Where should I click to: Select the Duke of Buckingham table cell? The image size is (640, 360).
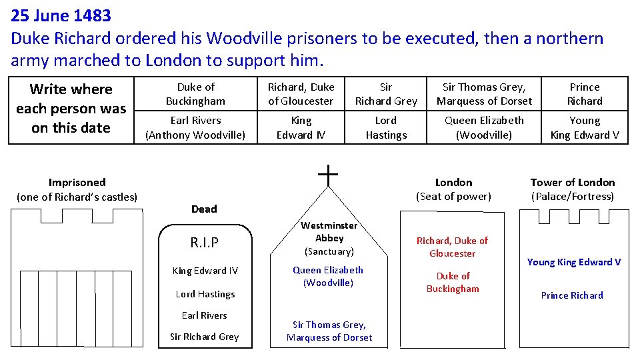195,94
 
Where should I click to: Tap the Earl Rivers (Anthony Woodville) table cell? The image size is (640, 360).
195,127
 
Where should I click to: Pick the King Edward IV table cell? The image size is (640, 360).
301,127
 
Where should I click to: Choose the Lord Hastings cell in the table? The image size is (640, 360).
386,127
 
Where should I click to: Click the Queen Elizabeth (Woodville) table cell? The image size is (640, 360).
484,127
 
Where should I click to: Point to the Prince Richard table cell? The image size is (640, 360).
584,94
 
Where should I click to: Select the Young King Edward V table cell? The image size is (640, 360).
584,127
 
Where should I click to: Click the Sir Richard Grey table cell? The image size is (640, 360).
386,94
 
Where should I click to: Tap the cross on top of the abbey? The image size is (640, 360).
328,175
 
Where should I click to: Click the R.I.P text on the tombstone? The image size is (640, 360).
204,243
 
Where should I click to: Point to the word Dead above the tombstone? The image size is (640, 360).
204,209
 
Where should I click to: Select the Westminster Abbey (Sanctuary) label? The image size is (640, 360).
329,238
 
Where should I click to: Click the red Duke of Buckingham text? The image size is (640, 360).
453,282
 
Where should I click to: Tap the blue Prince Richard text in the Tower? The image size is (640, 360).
572,295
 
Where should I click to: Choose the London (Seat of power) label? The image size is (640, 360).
453,189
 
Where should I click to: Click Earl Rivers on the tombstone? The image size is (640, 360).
204,315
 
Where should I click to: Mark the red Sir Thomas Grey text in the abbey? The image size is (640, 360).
329,331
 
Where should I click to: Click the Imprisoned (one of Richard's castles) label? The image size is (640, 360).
77,189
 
